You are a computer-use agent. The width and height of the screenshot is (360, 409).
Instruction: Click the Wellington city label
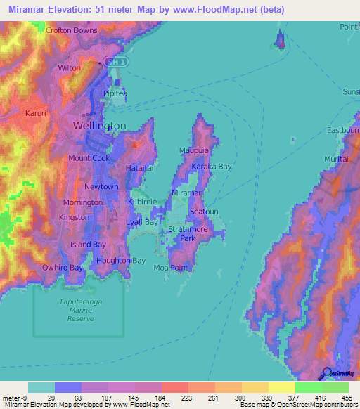pyautogui.click(x=100, y=126)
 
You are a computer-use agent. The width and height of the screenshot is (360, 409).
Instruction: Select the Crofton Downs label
pyautogui.click(x=72, y=31)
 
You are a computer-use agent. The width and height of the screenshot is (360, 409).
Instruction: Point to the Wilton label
pyautogui.click(x=70, y=68)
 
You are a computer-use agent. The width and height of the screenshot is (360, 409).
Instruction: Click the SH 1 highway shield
pyautogui.click(x=116, y=63)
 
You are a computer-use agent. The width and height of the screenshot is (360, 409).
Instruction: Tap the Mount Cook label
pyautogui.click(x=89, y=158)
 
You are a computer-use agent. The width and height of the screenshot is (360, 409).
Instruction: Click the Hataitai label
pyautogui.click(x=139, y=169)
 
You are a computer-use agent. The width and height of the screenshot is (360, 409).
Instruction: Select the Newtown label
pyautogui.click(x=101, y=187)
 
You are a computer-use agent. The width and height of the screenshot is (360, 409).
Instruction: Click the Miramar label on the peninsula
pyautogui.click(x=187, y=193)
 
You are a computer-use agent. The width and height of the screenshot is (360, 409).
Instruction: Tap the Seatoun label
pyautogui.click(x=205, y=212)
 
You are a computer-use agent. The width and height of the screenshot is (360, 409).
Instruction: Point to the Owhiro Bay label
pyautogui.click(x=63, y=268)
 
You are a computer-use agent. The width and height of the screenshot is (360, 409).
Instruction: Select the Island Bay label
pyautogui.click(x=88, y=245)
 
